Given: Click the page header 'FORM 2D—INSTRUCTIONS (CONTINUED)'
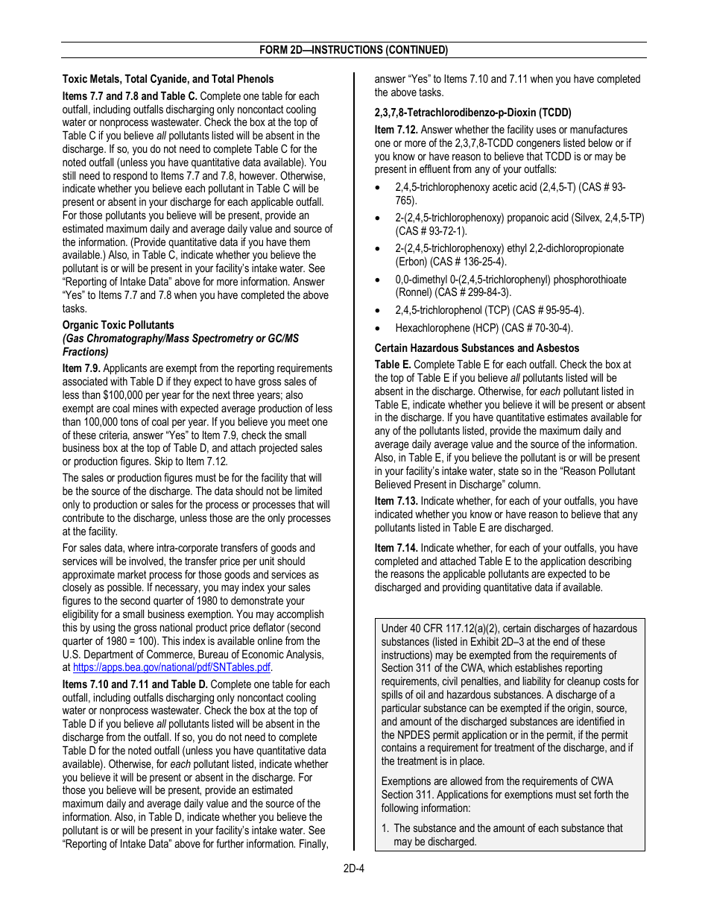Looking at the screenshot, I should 353,50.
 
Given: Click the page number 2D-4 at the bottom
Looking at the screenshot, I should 353,868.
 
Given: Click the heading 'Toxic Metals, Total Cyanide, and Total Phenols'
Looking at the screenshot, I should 168,79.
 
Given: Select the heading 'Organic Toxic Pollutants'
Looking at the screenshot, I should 118,325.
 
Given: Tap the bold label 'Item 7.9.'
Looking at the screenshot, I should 82,368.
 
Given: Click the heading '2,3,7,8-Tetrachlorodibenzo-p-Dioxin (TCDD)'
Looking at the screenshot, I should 472,113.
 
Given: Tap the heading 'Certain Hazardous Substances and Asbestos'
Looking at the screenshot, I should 476,348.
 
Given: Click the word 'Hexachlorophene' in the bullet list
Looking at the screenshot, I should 432,328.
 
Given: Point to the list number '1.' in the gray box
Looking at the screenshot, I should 385,828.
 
